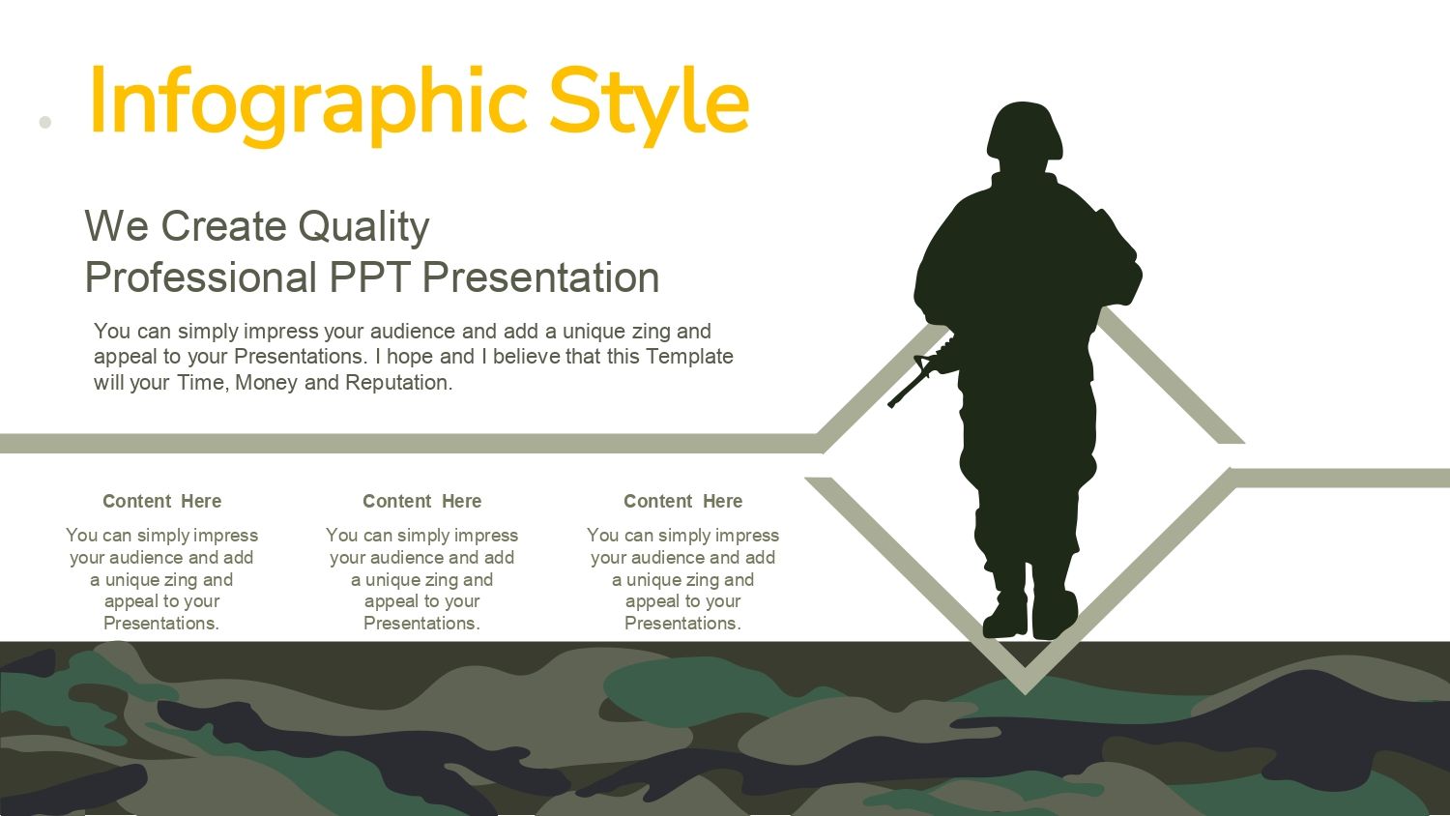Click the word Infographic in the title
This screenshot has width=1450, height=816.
[308, 103]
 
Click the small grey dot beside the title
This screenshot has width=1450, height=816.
[44, 122]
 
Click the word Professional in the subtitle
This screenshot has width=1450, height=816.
[201, 277]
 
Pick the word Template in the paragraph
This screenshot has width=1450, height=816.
[689, 356]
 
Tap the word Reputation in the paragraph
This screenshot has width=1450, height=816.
[398, 383]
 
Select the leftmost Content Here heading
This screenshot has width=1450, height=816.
[161, 501]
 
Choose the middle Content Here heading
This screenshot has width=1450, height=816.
[422, 501]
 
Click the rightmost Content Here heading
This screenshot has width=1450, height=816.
[682, 501]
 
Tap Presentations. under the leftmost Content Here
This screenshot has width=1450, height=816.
[161, 623]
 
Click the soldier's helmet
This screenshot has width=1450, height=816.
[1024, 131]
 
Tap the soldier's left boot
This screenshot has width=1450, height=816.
[1056, 615]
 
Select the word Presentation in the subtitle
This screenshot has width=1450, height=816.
[540, 277]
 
